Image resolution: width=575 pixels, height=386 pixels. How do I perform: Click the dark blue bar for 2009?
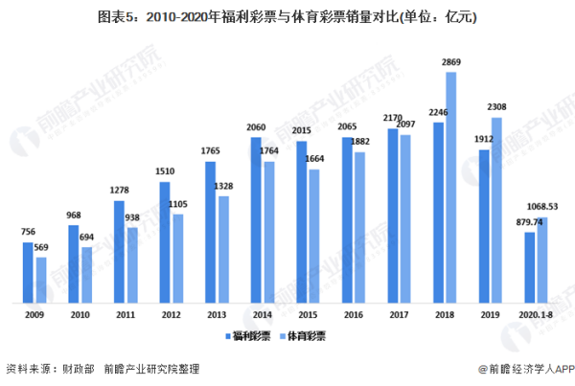[29, 271]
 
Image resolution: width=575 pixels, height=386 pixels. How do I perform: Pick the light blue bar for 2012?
[177, 257]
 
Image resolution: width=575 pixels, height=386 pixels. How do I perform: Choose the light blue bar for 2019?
[495, 208]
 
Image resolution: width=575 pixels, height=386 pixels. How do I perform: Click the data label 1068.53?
[542, 206]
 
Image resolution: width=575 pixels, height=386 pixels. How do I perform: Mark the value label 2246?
[436, 111]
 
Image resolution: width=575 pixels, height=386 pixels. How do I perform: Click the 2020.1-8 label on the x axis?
[535, 313]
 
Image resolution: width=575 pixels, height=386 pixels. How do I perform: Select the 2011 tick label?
[125, 313]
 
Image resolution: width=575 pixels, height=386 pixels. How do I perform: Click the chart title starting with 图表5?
[287, 17]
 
